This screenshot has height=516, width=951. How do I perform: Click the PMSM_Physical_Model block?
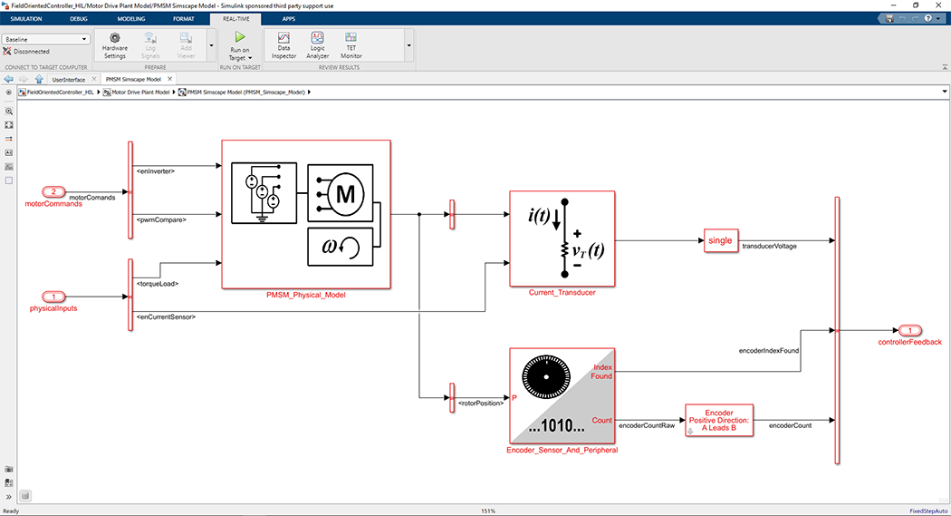pos(305,214)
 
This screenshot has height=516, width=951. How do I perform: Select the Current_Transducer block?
pos(562,239)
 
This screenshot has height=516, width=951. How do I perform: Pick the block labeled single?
pos(720,240)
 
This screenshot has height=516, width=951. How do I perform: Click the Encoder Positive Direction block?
pos(719,421)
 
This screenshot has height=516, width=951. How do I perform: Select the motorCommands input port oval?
pos(53,192)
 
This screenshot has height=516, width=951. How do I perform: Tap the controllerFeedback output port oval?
pos(909,330)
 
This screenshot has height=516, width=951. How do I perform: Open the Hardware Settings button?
pos(114,44)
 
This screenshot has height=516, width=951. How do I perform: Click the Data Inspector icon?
pos(283,44)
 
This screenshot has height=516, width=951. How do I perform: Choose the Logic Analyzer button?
pos(317,44)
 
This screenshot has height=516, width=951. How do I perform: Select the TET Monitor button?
pos(351,44)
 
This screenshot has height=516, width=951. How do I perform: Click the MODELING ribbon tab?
pos(130,18)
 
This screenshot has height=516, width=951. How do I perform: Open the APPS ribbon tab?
pos(288,18)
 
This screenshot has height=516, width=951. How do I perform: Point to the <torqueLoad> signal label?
pos(157,284)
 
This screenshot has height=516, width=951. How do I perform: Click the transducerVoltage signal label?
pos(769,246)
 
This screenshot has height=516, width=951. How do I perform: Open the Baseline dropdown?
pos(46,39)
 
